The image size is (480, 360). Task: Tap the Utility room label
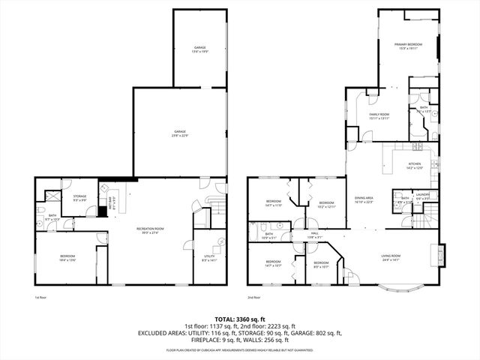click(x=209, y=259)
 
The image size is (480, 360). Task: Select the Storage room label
click(x=79, y=199)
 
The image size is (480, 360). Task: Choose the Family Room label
click(x=379, y=116)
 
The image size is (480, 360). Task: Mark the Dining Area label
click(x=363, y=200)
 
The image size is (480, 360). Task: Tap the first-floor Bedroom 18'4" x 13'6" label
click(x=67, y=259)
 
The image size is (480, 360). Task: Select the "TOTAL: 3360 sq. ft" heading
click(x=239, y=318)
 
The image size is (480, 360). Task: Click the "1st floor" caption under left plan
click(x=40, y=298)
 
